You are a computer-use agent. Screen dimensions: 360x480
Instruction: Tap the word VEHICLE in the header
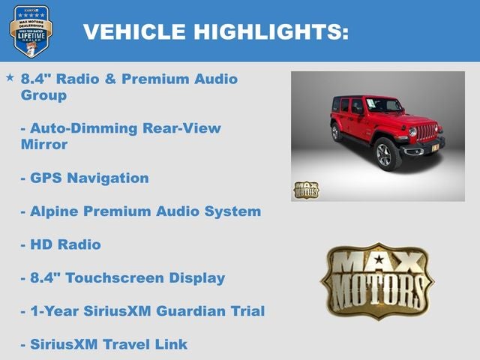point(134,32)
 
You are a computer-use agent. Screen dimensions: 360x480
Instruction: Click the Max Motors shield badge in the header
point(31,31)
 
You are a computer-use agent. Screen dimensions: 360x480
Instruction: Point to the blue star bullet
point(10,77)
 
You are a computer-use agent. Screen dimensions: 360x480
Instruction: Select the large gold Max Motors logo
point(376,280)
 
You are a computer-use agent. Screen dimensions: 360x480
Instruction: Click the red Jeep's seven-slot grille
point(427,132)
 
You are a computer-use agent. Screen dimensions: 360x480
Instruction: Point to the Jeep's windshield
point(383,105)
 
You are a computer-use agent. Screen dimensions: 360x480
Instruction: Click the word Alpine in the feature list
point(55,211)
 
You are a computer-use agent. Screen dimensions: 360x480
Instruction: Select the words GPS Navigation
point(89,178)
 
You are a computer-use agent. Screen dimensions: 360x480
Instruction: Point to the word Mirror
point(44,145)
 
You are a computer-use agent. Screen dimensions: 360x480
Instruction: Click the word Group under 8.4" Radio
point(43,95)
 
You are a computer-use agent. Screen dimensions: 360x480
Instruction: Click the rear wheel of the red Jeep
point(336,133)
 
